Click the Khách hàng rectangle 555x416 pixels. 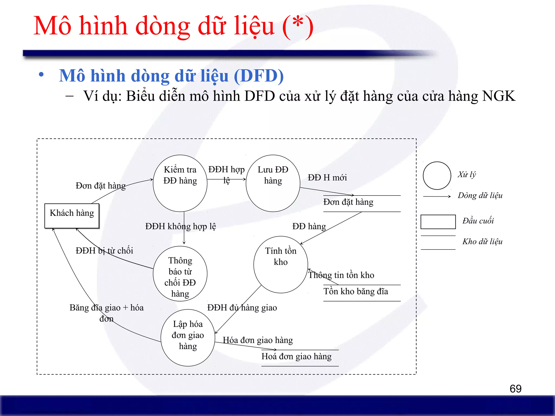point(72,216)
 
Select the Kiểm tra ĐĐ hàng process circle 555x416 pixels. point(180,183)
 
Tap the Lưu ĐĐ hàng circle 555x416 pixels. point(273,183)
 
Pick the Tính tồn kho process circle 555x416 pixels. point(280,264)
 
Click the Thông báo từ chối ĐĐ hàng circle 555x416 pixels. point(180,274)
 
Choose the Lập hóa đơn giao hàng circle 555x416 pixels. point(188,337)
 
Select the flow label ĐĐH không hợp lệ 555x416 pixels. point(180,226)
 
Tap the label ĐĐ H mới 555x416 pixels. point(327,178)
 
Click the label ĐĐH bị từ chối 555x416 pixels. point(104,251)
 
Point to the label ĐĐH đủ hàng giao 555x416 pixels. point(242,308)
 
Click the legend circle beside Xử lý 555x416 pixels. point(437,175)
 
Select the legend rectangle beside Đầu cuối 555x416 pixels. point(438,222)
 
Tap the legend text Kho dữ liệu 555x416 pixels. point(482,242)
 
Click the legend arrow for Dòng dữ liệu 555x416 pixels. point(437,196)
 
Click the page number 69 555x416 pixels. point(515,389)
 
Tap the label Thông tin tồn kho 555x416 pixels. point(341,275)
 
